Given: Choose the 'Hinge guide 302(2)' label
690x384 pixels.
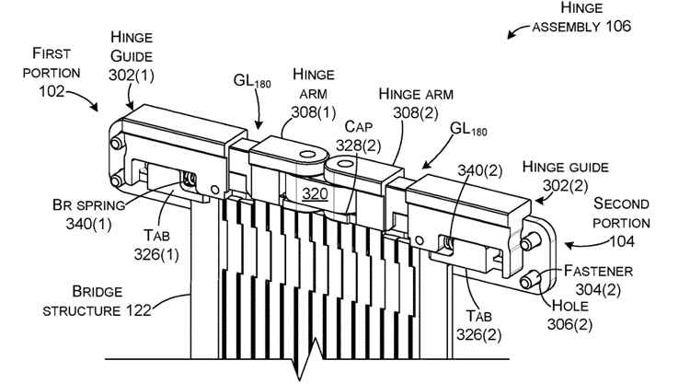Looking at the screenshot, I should (x=564, y=175).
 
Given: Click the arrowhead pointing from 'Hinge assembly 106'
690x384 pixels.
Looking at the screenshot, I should (x=512, y=35).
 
